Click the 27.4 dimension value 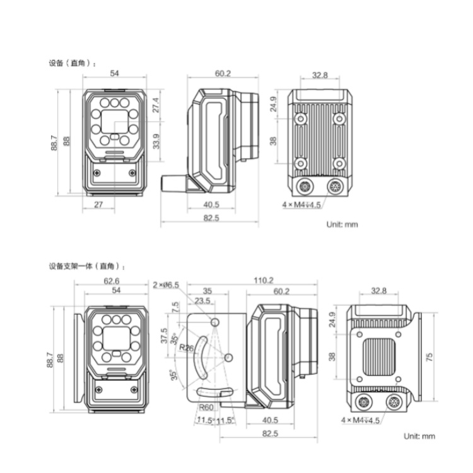tap(156, 105)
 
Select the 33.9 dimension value tap(156, 141)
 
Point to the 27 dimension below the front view tap(98, 204)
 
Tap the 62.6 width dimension tap(111, 281)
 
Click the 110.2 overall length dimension tap(264, 281)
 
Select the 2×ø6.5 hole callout tap(166, 285)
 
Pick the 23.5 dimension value tap(202, 301)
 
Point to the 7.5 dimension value tap(175, 307)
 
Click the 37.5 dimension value tap(164, 336)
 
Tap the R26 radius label tap(186, 347)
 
